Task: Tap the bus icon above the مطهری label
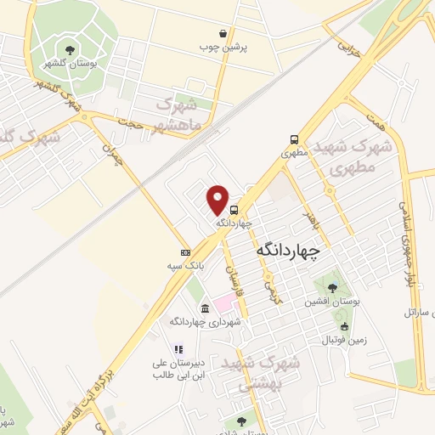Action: pos(293,140)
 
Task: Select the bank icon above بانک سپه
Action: pos(185,252)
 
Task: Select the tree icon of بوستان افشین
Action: pos(330,288)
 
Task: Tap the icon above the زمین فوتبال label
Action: pos(343,326)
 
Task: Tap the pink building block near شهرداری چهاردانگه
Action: pos(221,302)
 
